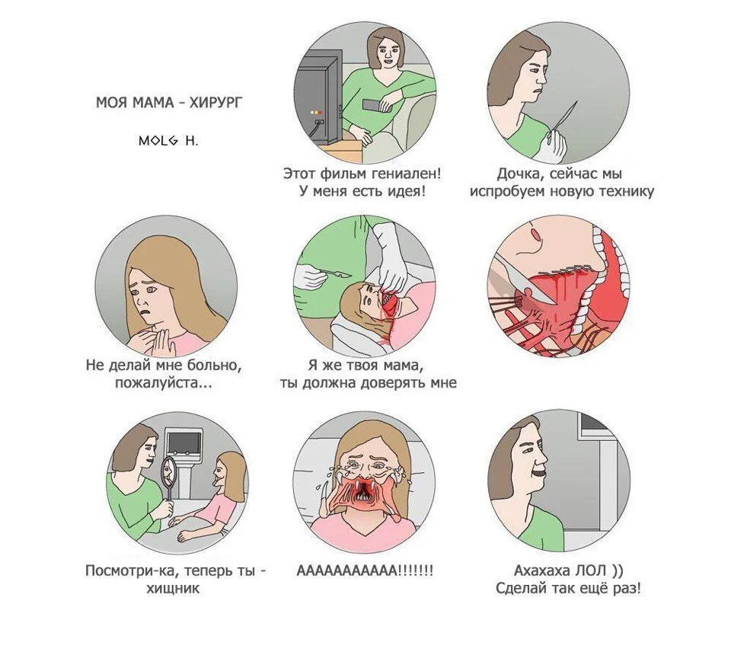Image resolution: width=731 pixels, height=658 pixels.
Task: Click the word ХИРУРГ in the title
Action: coord(215,102)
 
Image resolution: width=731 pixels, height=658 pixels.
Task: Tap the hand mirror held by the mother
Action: coord(168,476)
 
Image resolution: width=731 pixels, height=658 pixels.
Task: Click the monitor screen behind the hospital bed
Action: coord(184,441)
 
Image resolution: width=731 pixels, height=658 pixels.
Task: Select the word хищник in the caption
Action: coord(173,588)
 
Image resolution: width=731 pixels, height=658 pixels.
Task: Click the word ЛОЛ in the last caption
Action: coord(590,570)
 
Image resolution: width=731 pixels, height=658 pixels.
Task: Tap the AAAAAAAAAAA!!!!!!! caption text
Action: coord(365,570)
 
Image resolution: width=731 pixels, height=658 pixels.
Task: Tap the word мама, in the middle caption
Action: coord(404,365)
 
